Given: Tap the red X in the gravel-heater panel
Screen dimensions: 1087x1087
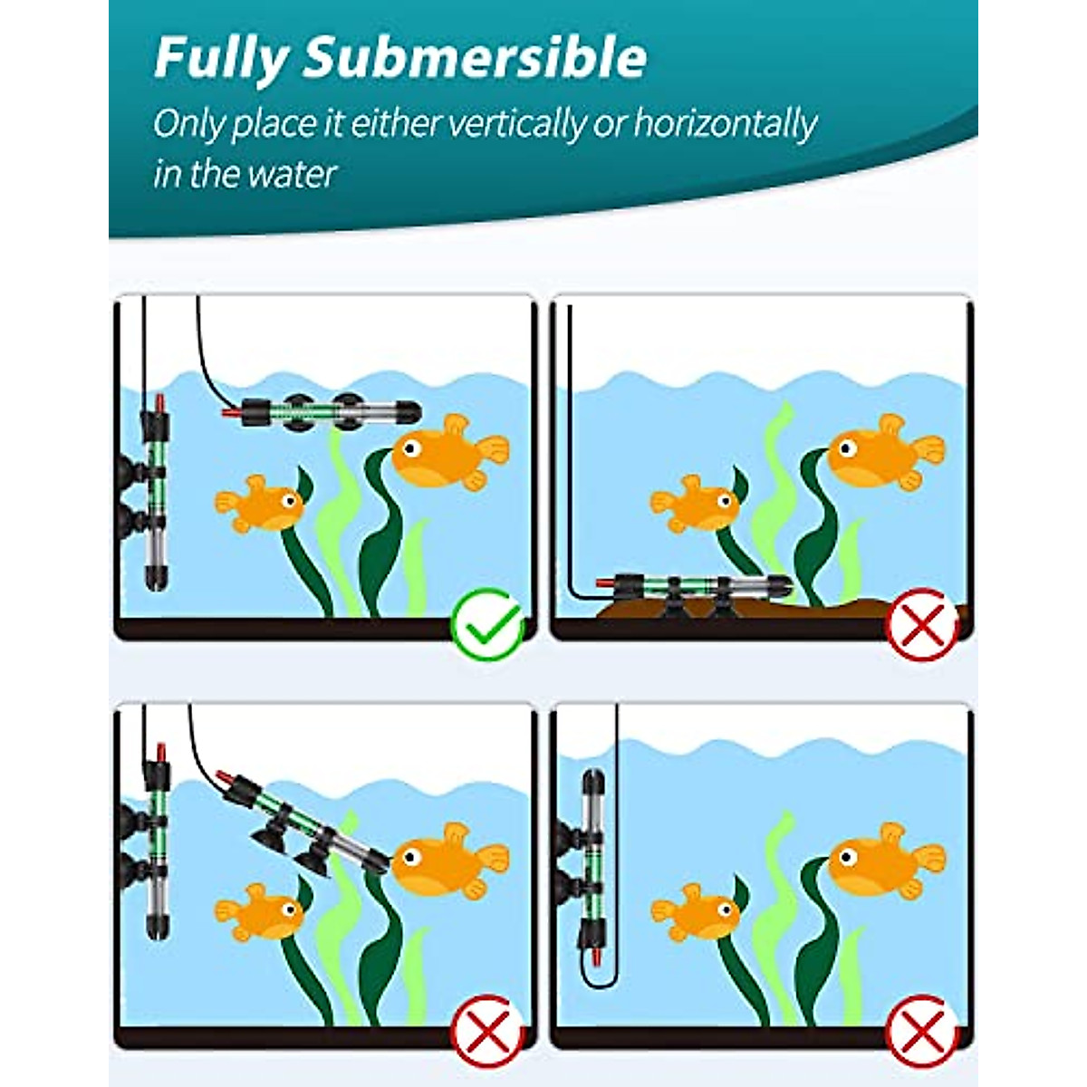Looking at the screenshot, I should pyautogui.click(x=922, y=623).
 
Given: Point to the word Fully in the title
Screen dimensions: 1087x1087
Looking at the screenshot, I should pyautogui.click(x=221, y=58).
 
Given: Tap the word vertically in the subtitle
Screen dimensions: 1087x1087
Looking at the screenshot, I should pyautogui.click(x=535, y=124).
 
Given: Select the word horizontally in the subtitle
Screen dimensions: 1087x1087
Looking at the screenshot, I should pyautogui.click(x=725, y=124).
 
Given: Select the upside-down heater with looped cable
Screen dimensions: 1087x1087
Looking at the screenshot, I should pyautogui.click(x=592, y=870).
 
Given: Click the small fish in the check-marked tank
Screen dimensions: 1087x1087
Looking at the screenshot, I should pyautogui.click(x=260, y=503).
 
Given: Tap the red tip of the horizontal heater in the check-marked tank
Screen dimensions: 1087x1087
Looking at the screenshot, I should pyautogui.click(x=232, y=414).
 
